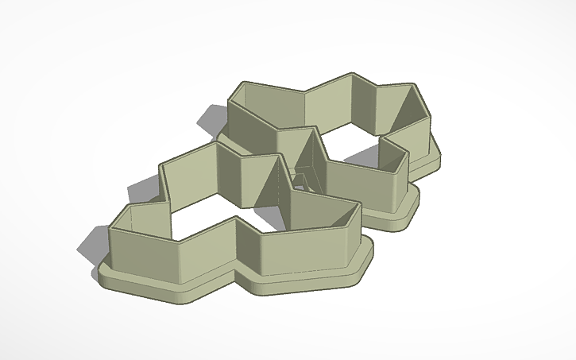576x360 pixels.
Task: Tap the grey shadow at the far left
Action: point(89,250)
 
